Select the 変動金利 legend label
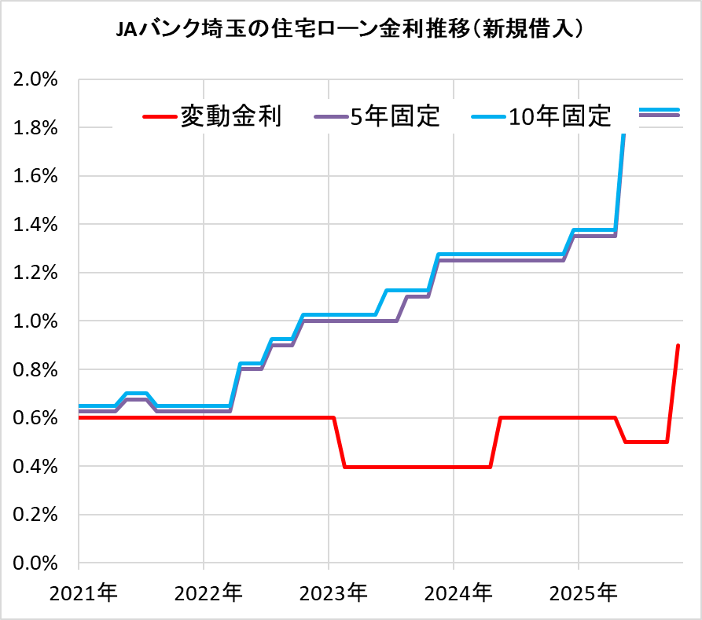click(230, 116)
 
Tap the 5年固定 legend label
click(395, 116)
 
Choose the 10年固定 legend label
click(559, 116)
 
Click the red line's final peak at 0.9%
click(678, 346)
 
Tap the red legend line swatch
click(160, 117)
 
